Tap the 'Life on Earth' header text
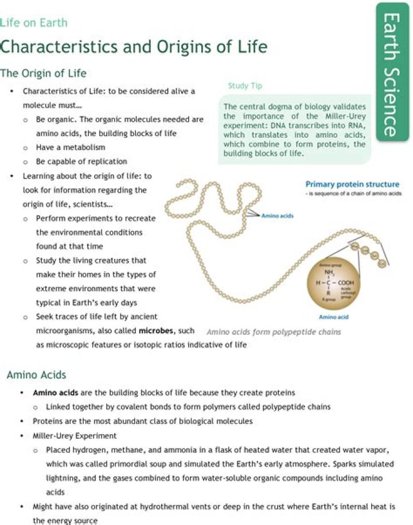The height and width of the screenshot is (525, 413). pyautogui.click(x=34, y=23)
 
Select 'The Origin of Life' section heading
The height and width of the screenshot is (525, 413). pyautogui.click(x=43, y=73)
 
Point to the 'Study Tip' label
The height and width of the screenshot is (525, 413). pyautogui.click(x=245, y=86)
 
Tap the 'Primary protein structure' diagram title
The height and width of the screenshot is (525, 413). pyautogui.click(x=352, y=184)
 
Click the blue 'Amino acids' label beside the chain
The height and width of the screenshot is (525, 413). pyautogui.click(x=277, y=216)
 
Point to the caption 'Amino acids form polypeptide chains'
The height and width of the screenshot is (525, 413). pyautogui.click(x=274, y=331)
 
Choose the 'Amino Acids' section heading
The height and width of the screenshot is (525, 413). pyautogui.click(x=36, y=375)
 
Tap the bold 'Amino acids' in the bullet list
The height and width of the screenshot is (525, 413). pyautogui.click(x=55, y=393)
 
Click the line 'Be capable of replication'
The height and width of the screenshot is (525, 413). pyautogui.click(x=81, y=161)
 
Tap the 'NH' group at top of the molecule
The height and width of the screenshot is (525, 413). pyautogui.click(x=329, y=273)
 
